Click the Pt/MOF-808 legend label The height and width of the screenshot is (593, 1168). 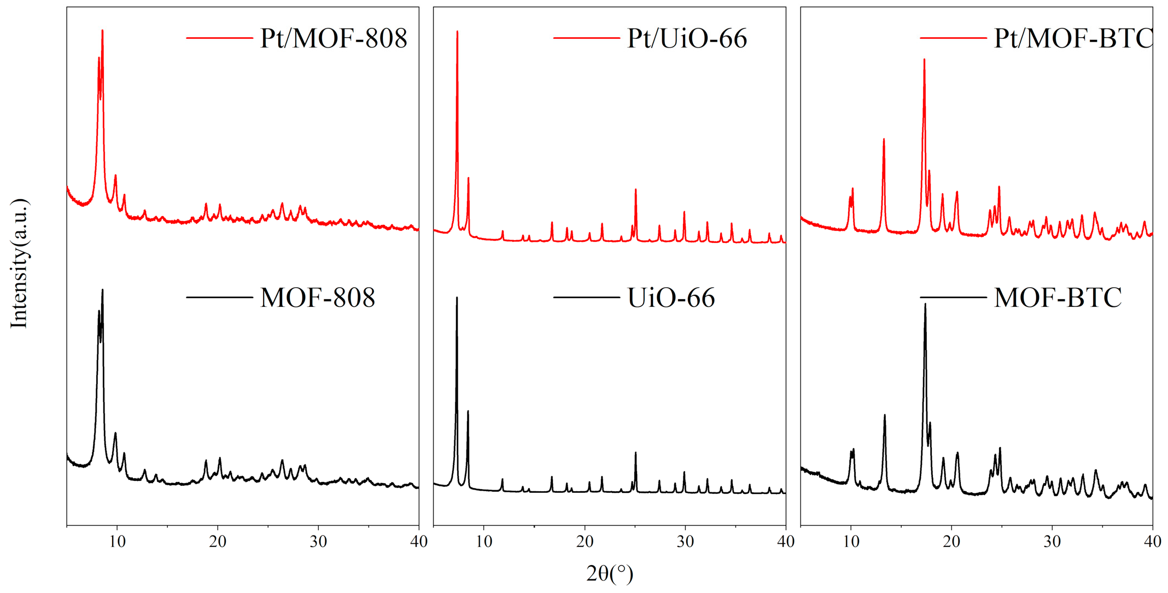click(334, 38)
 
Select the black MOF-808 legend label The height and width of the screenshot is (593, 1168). click(318, 298)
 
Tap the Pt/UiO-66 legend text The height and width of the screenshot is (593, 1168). click(687, 38)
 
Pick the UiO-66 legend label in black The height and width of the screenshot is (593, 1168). click(671, 298)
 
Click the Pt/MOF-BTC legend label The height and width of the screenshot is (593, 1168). click(1073, 38)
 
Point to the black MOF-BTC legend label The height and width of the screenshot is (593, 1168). click(1058, 298)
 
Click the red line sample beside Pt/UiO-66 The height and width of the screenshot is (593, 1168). click(586, 38)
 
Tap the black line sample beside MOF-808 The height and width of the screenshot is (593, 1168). click(219, 298)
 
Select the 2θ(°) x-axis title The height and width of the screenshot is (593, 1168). click(610, 573)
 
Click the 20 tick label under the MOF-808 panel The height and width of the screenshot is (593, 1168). click(218, 542)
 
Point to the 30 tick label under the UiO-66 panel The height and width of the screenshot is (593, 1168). click(685, 542)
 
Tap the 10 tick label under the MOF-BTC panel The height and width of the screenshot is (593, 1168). click(851, 542)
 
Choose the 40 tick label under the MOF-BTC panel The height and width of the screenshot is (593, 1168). click(1152, 542)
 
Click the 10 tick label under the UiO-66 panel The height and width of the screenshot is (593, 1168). click(484, 542)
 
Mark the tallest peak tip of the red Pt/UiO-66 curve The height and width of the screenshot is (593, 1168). click(457, 32)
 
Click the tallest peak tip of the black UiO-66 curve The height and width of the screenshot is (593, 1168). click(457, 298)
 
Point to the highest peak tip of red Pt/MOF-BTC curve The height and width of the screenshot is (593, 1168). click(924, 59)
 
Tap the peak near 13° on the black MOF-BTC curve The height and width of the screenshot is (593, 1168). click(884, 415)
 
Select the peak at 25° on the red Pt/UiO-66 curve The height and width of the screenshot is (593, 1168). click(635, 189)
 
